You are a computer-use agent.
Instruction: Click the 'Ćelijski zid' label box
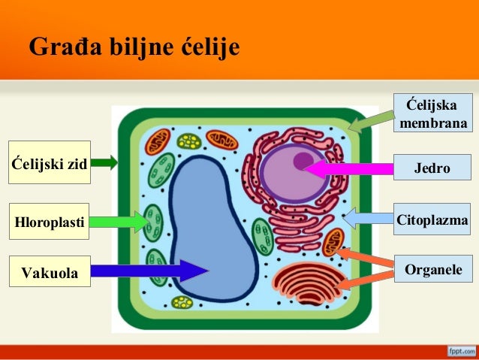point(50,162)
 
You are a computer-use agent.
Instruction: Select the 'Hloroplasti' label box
point(50,222)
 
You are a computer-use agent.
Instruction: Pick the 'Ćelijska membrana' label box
point(434,113)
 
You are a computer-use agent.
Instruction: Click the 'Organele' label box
point(433,269)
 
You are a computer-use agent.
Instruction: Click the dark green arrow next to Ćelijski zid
point(104,162)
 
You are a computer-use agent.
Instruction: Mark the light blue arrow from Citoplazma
point(368,219)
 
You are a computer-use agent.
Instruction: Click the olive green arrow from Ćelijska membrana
point(372,120)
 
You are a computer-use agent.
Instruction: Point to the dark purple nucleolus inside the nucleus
point(302,160)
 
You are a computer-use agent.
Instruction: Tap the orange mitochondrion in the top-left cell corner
point(158,140)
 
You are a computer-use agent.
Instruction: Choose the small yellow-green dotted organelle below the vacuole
point(182,302)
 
